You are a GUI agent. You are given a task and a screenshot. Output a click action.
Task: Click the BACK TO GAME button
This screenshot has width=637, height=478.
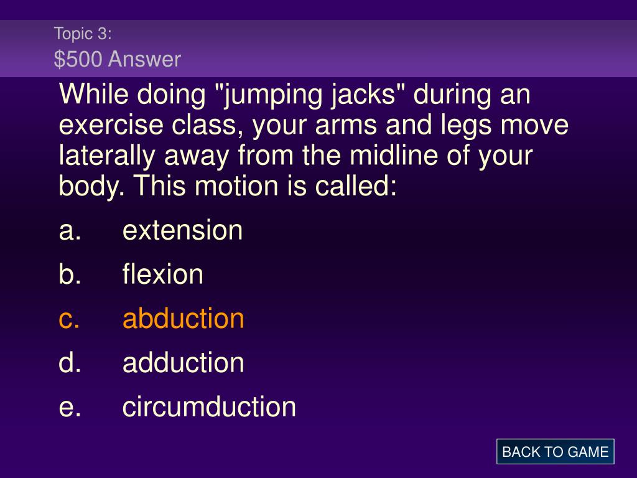coord(555,452)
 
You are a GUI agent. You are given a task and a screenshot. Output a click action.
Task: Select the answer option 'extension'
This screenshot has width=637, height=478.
coord(182,230)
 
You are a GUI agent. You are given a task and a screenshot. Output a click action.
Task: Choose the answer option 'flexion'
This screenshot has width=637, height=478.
coord(162,274)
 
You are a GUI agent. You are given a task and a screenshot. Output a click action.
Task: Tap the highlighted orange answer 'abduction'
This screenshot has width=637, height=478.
coord(184,318)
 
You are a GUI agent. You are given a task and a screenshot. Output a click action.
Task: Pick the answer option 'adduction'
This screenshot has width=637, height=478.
coord(184,363)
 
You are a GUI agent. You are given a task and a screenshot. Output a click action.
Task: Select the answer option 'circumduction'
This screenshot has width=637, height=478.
coord(209,406)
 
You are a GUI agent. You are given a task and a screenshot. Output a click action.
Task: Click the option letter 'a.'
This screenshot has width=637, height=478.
coord(70,231)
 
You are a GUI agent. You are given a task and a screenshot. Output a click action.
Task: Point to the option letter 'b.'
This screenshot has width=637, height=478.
coord(70,274)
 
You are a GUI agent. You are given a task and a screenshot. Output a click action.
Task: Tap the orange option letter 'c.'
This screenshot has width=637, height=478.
coord(69,319)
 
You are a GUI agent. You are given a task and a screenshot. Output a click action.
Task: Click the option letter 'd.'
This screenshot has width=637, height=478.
coord(70,363)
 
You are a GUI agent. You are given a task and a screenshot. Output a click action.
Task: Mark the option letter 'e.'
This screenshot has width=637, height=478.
coord(70,408)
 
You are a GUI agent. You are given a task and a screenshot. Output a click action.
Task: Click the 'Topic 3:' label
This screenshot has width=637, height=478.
coord(83,34)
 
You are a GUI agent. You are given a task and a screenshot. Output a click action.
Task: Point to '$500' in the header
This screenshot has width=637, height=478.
coord(78,59)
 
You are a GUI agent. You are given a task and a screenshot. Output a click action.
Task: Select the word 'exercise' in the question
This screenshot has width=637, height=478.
coord(111,124)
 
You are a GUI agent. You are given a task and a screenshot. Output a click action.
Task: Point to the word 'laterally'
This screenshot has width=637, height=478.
coord(107,156)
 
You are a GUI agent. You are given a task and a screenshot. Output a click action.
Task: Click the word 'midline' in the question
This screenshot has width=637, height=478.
coord(394,155)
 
